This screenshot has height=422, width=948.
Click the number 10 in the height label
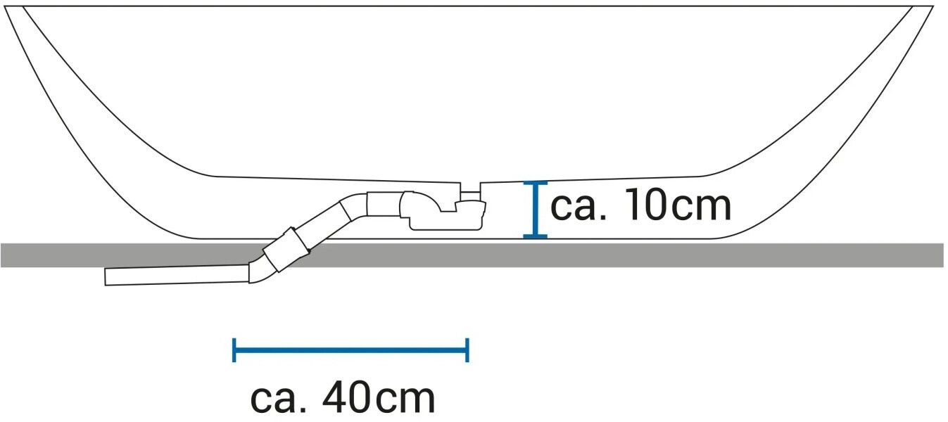tap(647, 205)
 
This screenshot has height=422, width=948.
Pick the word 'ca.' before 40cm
tap(278, 400)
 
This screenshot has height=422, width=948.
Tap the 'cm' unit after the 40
tap(405, 400)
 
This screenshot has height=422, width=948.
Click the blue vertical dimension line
tap(536, 209)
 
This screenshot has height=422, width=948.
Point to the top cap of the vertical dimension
tap(536, 183)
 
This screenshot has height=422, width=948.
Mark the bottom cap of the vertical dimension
tap(536, 236)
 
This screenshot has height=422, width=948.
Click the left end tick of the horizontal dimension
tap(234, 350)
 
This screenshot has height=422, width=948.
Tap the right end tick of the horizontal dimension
tap(467, 350)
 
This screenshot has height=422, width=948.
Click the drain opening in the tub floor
tap(470, 183)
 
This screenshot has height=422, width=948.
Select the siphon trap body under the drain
tap(444, 212)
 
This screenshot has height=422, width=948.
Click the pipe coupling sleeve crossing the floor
tap(286, 250)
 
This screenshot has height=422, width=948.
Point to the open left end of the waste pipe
tap(105, 277)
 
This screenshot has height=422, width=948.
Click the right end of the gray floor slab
tap(943, 255)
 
